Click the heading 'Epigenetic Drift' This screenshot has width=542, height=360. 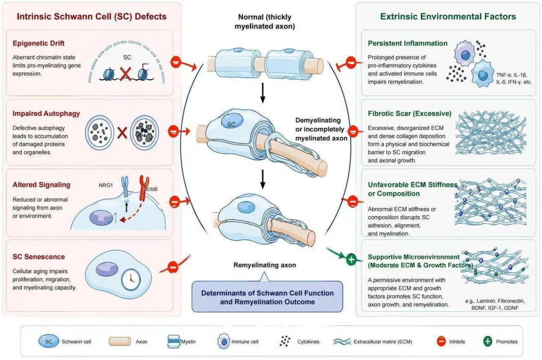pos(38,43)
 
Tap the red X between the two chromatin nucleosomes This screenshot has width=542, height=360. pos(126,74)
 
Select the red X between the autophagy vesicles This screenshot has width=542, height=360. pos(122,133)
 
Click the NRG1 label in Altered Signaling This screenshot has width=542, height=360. pos(106,185)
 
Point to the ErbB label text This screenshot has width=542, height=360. pos(152,189)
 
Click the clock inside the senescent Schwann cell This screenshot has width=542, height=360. pos(131,280)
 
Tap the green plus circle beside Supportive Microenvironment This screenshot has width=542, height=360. pos(351,260)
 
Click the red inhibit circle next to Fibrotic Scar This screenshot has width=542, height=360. pos(353,132)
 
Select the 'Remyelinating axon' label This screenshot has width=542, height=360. pos(265,265)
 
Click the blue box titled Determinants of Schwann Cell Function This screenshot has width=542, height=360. pos(267,297)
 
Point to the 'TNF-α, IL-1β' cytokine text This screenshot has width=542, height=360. pos(512,75)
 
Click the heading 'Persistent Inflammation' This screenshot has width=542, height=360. pos(408,43)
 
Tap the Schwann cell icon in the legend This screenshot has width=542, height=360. pos(49,341)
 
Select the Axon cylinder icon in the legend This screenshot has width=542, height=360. pos(120,341)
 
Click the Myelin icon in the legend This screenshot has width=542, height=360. pos(174,341)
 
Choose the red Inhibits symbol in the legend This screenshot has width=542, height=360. pos(441,341)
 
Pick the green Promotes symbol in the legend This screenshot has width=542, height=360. pos(488,341)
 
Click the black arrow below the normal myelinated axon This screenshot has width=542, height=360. pos(263,93)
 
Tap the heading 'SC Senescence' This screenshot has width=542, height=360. pos(39,257)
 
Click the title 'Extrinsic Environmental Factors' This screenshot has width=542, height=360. pos(448,16)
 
